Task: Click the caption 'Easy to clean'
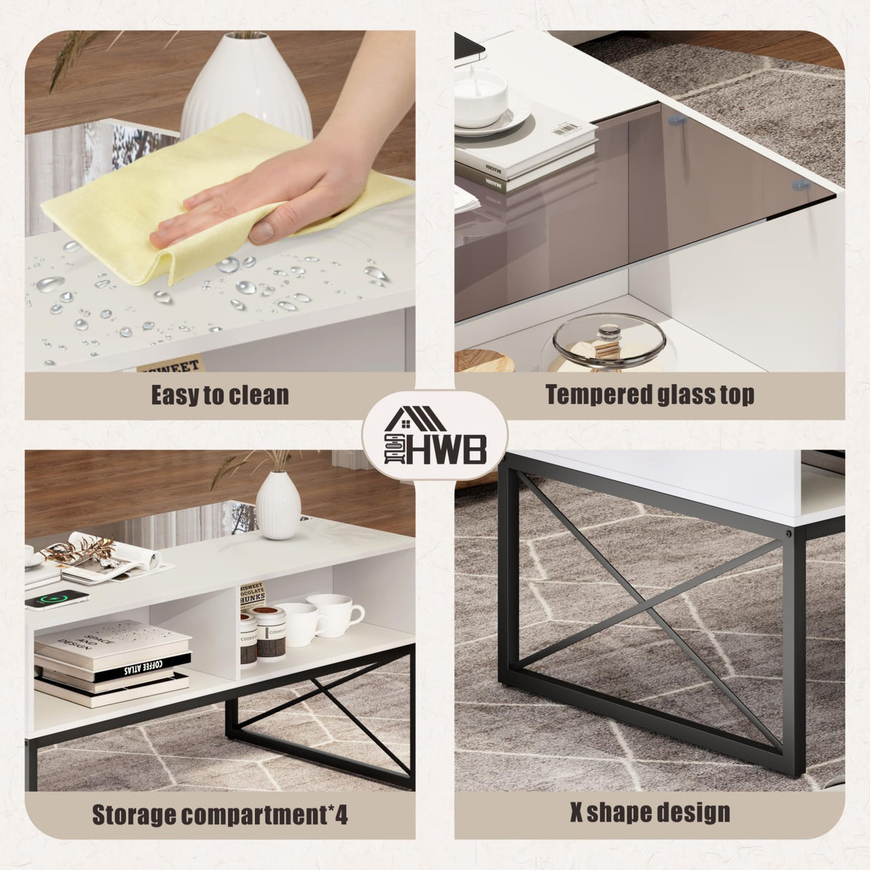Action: point(219,395)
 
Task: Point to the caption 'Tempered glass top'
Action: point(649,395)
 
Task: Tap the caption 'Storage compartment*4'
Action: point(219,815)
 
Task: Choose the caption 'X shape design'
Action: point(649,813)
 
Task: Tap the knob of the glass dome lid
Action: point(610,333)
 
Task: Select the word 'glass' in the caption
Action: point(674,395)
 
